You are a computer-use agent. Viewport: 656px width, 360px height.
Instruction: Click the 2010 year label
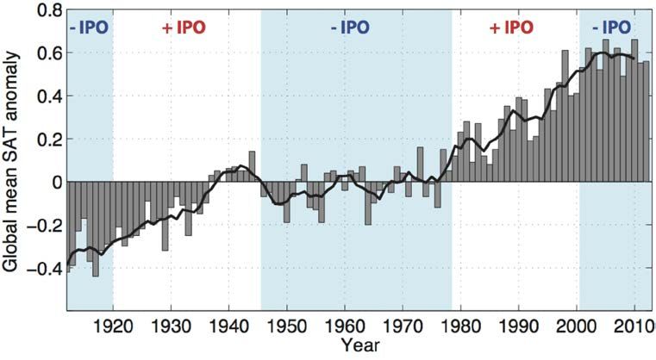click(634, 326)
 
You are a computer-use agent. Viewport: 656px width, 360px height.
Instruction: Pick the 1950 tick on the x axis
click(287, 326)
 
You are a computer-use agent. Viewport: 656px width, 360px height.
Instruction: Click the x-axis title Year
click(357, 347)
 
